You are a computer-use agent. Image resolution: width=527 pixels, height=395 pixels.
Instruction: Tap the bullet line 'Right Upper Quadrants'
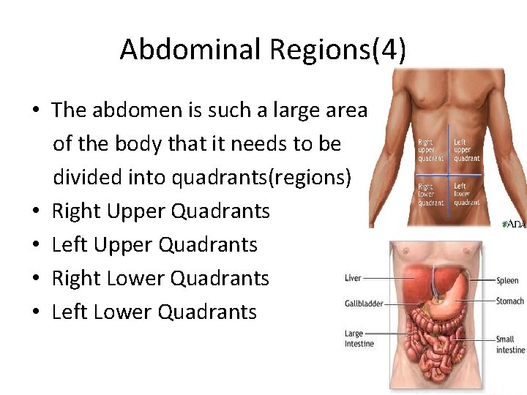161,211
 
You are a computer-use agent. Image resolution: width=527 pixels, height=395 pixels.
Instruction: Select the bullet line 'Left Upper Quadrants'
154,244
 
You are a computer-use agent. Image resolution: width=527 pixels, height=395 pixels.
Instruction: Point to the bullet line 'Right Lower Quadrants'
161,278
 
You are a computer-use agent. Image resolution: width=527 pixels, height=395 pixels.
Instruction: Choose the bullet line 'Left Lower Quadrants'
154,312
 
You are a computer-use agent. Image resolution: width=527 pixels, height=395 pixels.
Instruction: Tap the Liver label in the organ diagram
353,278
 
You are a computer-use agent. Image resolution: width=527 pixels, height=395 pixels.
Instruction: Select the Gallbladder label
364,304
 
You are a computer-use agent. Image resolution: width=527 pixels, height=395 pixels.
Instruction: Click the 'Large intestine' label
359,339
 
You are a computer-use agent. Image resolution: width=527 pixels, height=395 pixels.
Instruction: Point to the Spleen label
507,281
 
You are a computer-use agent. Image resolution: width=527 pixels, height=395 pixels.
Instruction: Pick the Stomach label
509,301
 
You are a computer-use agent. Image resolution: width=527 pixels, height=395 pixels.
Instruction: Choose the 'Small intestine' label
510,345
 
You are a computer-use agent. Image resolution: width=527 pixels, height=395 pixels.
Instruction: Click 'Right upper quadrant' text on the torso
431,150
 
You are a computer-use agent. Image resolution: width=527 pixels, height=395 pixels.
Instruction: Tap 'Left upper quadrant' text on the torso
466,150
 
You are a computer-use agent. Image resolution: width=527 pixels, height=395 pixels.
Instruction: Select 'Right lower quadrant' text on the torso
431,194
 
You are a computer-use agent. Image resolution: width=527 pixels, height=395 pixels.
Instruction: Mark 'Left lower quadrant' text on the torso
466,194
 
